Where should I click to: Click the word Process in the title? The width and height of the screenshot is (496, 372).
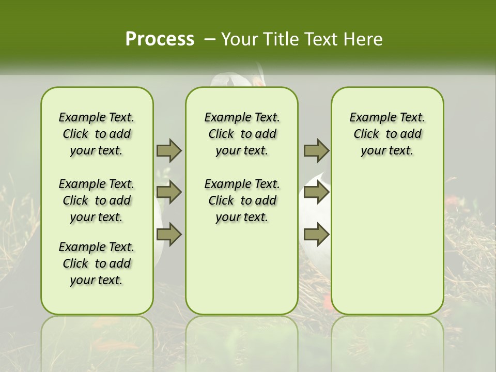coord(160,39)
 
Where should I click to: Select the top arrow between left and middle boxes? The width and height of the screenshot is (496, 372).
coord(169,150)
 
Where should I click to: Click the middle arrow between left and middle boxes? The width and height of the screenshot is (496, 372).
coord(169,192)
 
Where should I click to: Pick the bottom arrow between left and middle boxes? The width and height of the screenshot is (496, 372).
coord(169,235)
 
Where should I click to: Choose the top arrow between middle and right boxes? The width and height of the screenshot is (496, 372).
coord(316,150)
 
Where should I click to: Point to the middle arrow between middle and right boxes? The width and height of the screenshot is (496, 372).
coord(316,192)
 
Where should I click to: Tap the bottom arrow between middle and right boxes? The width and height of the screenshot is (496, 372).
coord(316,235)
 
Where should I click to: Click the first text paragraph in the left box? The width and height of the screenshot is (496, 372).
coord(97,134)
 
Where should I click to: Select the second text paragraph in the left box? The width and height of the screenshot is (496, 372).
coord(97,200)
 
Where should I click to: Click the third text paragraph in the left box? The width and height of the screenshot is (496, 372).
coord(97,263)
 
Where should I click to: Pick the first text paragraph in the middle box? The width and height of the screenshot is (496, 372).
coord(242,134)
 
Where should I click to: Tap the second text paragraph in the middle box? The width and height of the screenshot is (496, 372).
coord(242,200)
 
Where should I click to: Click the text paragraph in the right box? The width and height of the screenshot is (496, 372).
coord(387,134)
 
